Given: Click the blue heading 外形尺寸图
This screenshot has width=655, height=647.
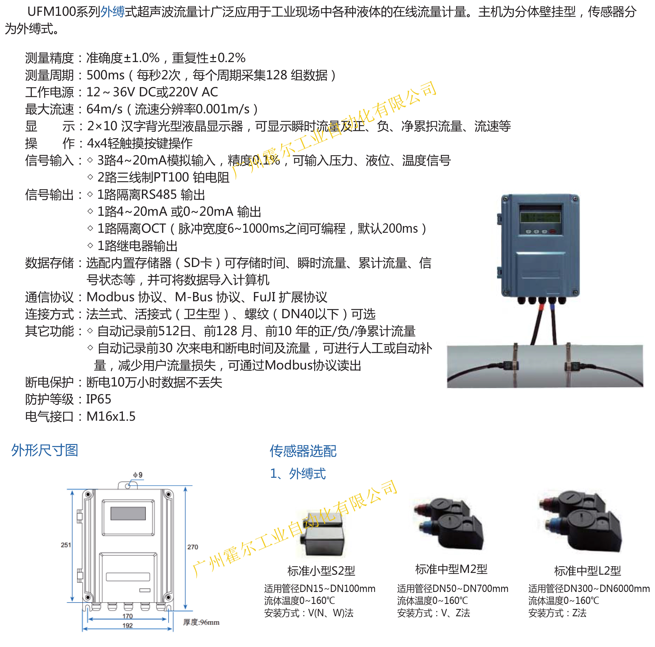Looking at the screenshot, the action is pyautogui.click(x=45, y=450).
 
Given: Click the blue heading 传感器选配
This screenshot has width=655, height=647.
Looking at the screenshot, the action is pyautogui.click(x=303, y=451).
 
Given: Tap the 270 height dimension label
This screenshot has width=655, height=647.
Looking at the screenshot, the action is pyautogui.click(x=192, y=547).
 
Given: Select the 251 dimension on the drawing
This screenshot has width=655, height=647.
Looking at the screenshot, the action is pyautogui.click(x=66, y=545).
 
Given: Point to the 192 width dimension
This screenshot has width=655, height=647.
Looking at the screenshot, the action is pyautogui.click(x=128, y=625).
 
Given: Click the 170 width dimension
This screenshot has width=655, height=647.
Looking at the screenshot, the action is pyautogui.click(x=128, y=616).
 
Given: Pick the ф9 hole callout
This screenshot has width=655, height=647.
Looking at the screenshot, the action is pyautogui.click(x=138, y=475).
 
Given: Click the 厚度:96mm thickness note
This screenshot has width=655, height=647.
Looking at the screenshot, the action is pyautogui.click(x=201, y=622).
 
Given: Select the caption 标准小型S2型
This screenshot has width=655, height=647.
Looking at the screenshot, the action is pyautogui.click(x=321, y=571).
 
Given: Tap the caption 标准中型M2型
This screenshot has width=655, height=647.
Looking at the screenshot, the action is pyautogui.click(x=451, y=569).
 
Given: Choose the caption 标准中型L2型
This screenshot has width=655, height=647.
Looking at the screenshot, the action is pyautogui.click(x=587, y=571).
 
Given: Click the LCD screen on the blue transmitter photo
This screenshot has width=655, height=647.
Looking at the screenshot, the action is pyautogui.click(x=540, y=217).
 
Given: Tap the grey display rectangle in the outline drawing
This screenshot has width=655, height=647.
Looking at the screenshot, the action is pyautogui.click(x=128, y=513).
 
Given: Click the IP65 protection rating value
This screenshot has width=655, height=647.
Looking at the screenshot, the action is pyautogui.click(x=98, y=399).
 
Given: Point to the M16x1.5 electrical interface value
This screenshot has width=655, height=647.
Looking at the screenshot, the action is pyautogui.click(x=111, y=416).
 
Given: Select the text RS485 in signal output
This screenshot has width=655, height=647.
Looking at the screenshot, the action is pyautogui.click(x=159, y=194).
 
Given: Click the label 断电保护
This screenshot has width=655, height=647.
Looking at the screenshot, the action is pyautogui.click(x=49, y=382).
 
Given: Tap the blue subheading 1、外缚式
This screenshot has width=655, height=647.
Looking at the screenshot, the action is pyautogui.click(x=298, y=473).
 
